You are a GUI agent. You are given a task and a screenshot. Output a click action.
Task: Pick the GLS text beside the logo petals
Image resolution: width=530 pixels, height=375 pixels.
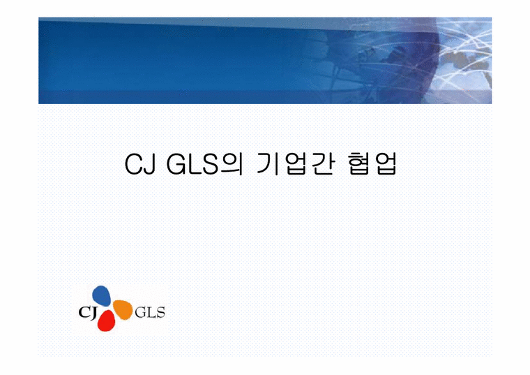149,312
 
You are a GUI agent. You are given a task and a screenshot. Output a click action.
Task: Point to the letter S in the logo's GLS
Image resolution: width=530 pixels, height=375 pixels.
160,312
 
